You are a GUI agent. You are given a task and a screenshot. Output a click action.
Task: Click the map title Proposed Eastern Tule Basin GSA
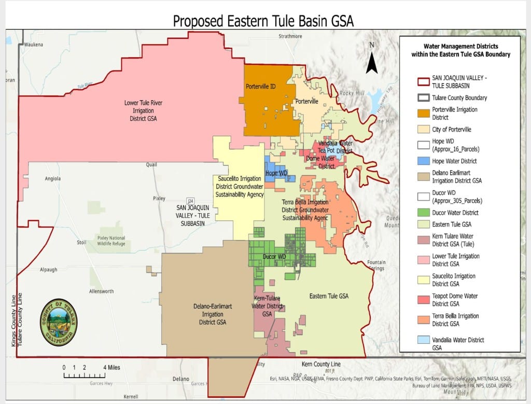pos(263,21)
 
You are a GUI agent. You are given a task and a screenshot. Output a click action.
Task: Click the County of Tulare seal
pos(59,322)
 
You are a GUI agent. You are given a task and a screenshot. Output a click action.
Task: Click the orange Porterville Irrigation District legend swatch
pos(424,114)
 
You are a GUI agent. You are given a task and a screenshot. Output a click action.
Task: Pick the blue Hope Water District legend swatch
pos(424,161)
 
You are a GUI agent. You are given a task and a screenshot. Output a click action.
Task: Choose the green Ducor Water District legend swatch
pos(424,213)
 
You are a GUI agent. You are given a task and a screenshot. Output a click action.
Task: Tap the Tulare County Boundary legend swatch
pos(424,97)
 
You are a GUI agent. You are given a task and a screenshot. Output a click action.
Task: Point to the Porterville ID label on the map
pos(261,87)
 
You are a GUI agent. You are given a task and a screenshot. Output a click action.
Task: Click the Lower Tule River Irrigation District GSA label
pos(144,110)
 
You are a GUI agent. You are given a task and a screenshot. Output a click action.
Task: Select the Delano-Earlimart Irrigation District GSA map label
pos(212,314)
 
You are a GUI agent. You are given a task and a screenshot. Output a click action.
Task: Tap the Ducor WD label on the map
pos(275,257)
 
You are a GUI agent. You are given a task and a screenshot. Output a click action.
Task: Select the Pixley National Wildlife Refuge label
pos(111,241)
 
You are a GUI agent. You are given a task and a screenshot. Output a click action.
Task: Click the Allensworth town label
pos(101,291)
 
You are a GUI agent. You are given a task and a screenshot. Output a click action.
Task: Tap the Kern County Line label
pos(321,364)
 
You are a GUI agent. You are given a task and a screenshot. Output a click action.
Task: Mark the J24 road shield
pos(191,201)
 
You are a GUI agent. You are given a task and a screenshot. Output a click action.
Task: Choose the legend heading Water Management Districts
pos(460,50)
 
